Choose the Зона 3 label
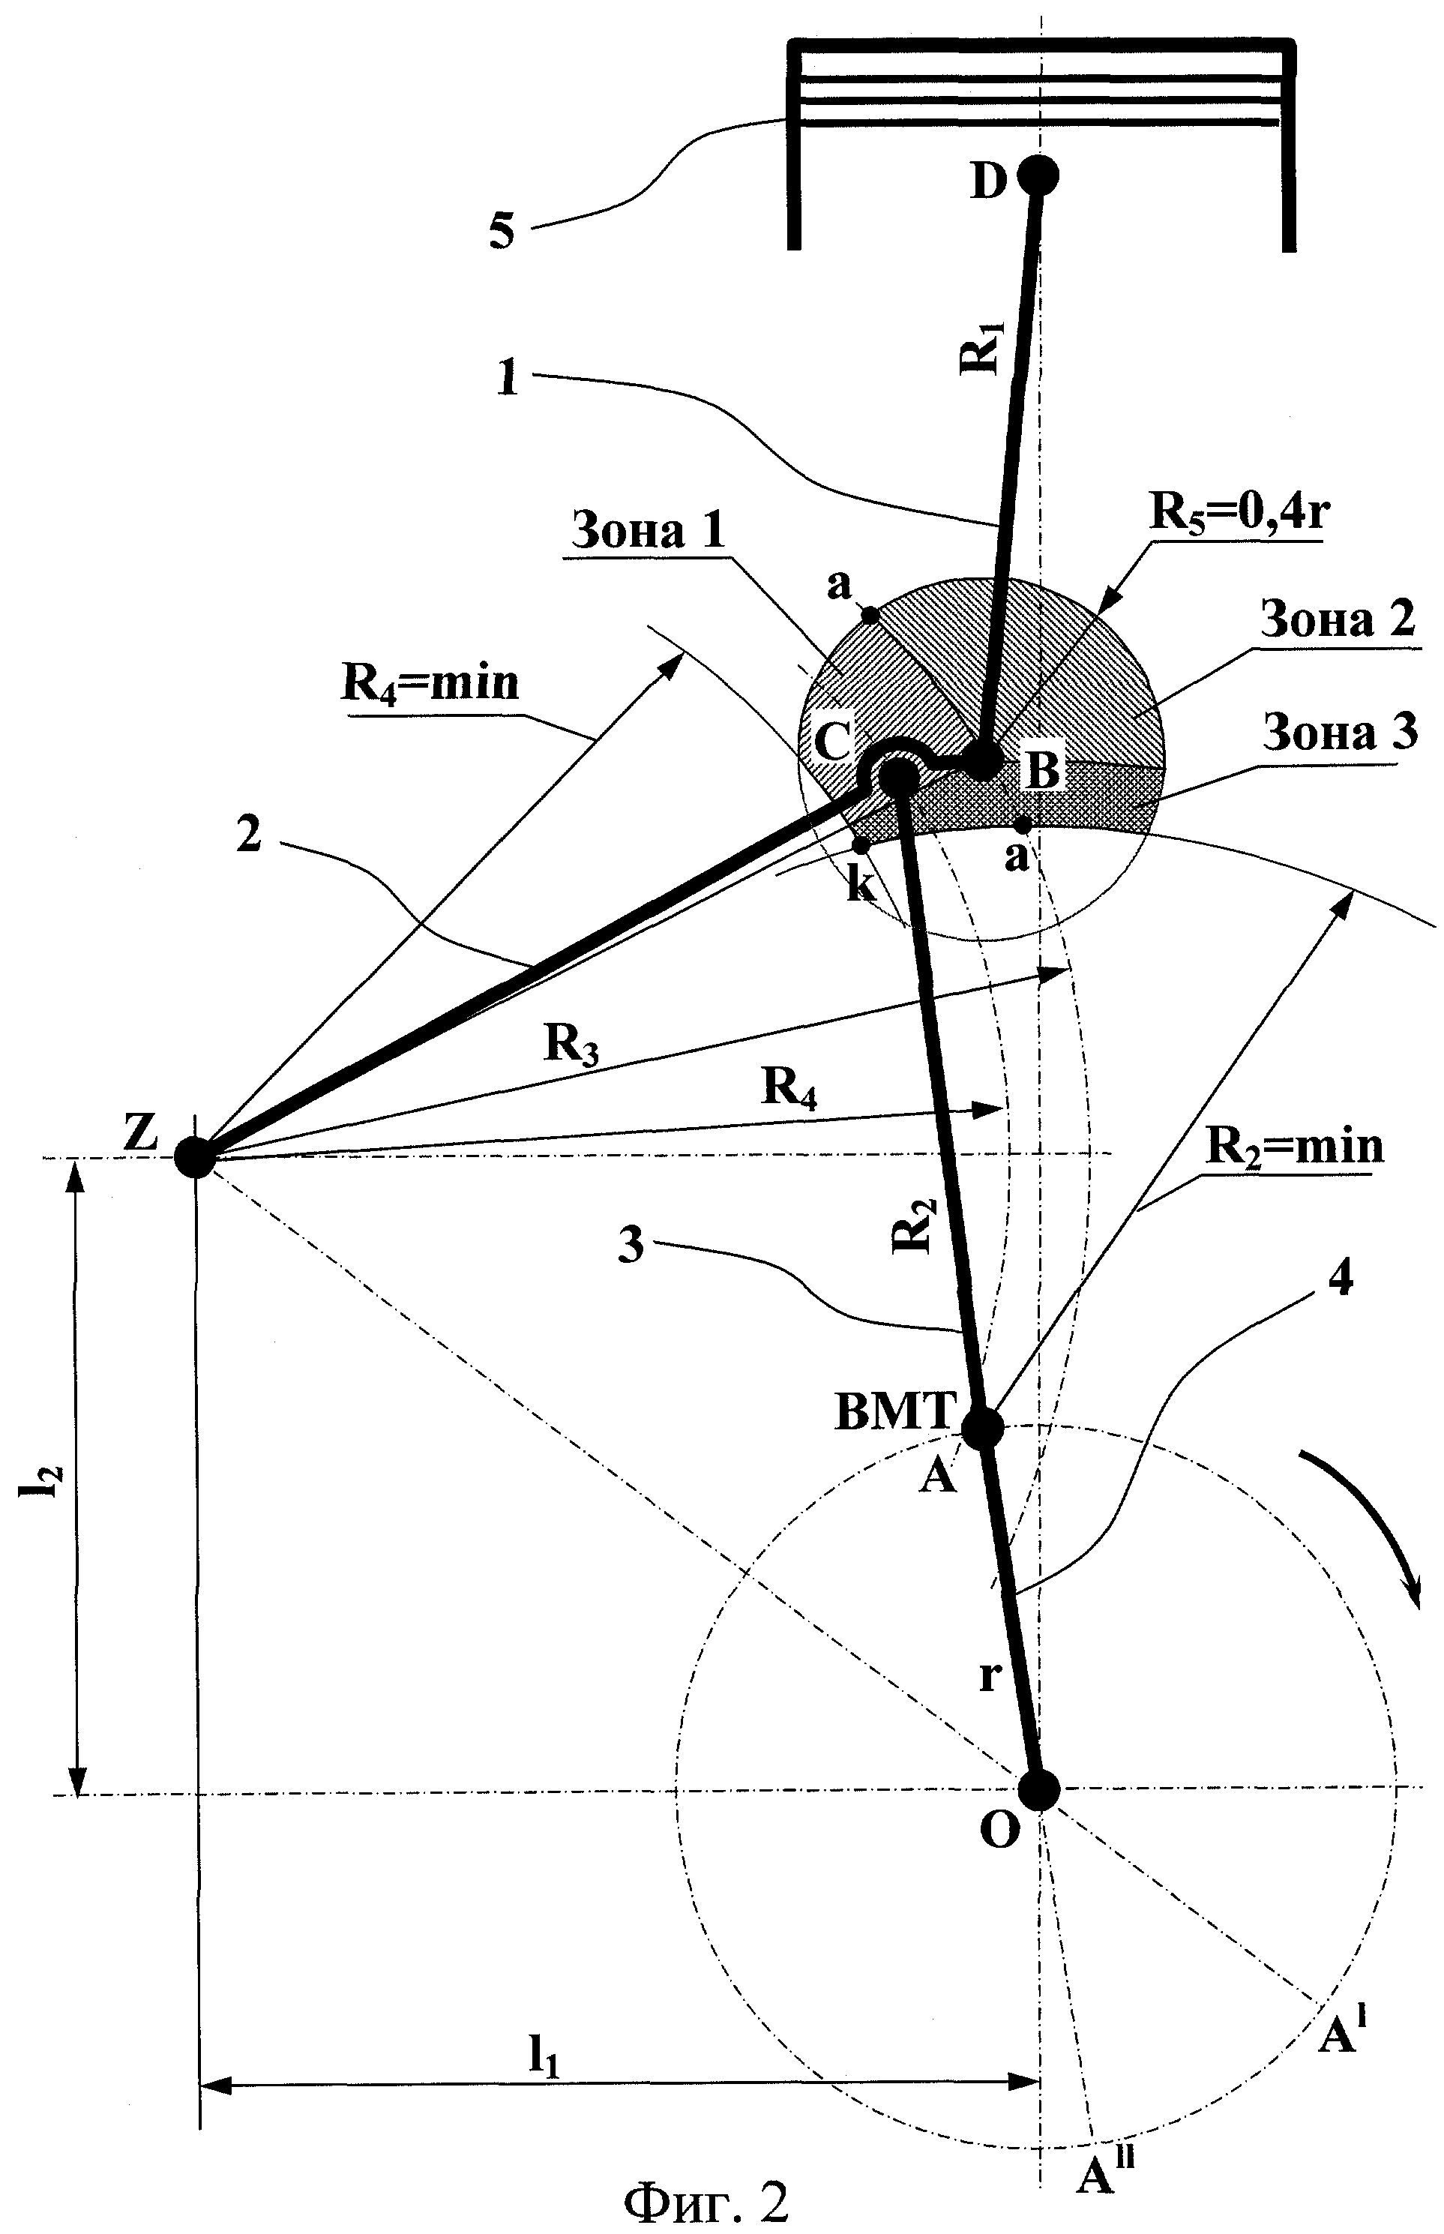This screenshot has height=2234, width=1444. click(1340, 733)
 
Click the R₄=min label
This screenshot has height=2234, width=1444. click(430, 682)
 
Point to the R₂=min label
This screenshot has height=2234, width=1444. click(1294, 1146)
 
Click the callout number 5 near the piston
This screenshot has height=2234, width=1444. click(502, 229)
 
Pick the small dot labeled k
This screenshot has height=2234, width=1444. click(860, 844)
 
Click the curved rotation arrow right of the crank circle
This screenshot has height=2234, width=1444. click(1369, 1519)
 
